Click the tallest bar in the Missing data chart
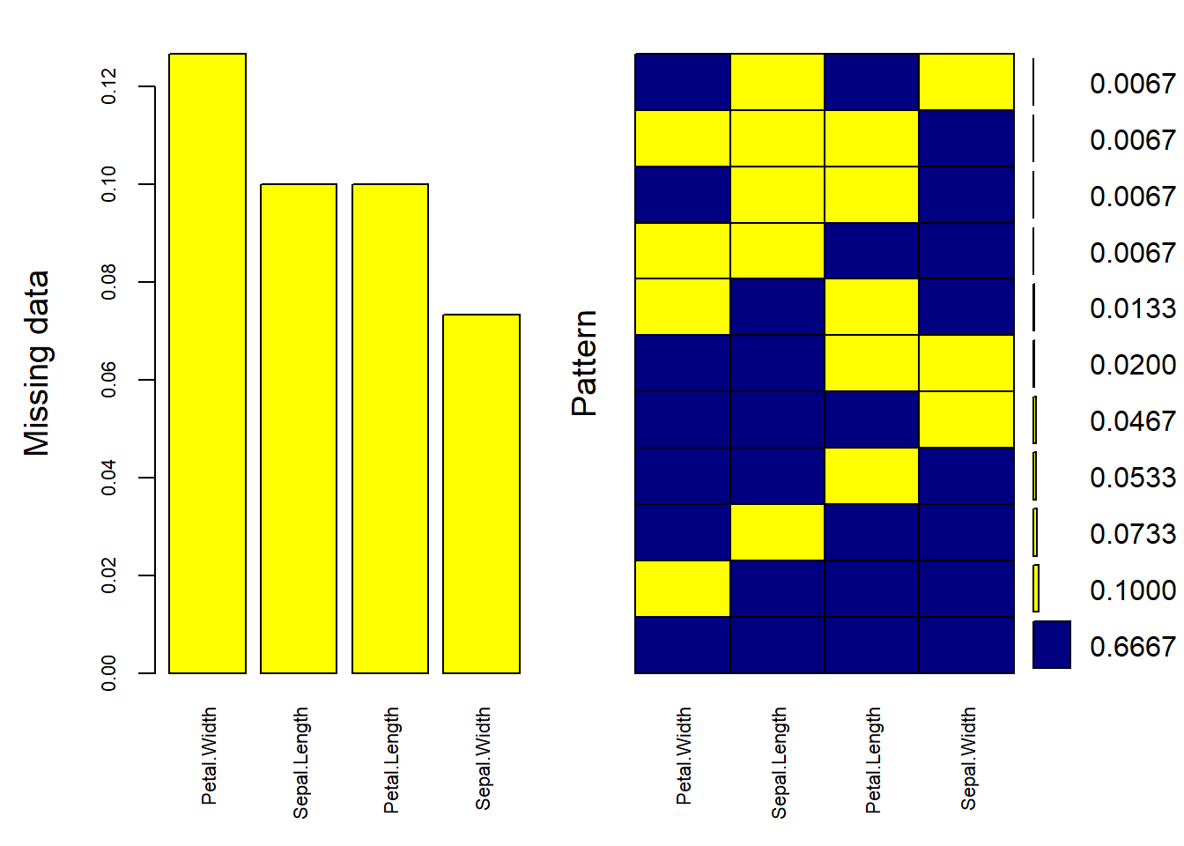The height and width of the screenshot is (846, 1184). [207, 363]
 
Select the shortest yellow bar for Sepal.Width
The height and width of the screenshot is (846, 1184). [481, 493]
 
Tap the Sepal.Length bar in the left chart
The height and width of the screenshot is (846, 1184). [299, 428]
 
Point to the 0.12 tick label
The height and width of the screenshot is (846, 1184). [109, 86]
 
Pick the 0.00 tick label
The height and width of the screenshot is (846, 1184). [109, 673]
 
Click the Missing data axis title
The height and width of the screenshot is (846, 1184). [36, 363]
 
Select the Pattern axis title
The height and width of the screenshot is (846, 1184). [584, 363]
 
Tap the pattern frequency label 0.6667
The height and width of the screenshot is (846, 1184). [1132, 647]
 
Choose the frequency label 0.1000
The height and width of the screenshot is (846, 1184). [1132, 590]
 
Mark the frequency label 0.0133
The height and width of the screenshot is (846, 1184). [1132, 308]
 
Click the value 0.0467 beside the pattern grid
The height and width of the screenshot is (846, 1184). [1132, 421]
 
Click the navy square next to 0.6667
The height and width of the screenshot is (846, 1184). [1051, 644]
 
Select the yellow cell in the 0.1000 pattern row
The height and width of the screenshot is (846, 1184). [682, 589]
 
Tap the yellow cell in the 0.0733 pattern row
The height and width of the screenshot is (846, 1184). [777, 532]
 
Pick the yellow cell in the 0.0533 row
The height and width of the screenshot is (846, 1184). [871, 476]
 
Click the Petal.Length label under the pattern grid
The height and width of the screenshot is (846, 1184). [873, 760]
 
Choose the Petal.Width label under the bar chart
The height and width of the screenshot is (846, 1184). [209, 756]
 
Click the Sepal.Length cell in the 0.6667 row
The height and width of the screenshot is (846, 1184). [777, 645]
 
